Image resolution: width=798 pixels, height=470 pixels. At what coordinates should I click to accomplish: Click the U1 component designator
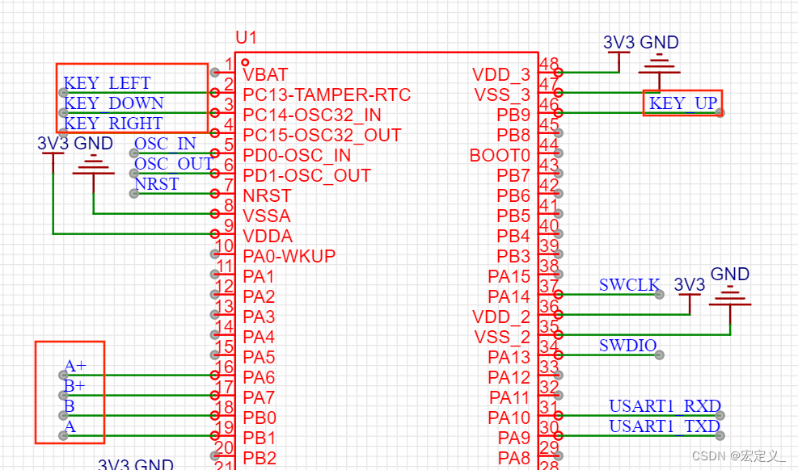point(246,38)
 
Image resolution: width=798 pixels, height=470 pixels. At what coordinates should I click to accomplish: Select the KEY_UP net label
point(682,103)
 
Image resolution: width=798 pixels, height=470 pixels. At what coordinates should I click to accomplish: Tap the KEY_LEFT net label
point(107,83)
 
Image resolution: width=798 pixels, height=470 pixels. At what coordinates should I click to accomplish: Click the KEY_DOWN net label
point(113,103)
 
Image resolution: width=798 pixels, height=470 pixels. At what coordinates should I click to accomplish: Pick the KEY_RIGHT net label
point(113,124)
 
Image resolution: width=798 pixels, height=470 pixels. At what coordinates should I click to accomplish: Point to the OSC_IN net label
point(165,144)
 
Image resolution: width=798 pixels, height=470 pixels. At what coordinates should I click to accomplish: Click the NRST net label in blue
point(157,184)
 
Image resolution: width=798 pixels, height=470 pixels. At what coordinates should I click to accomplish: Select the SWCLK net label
point(629,285)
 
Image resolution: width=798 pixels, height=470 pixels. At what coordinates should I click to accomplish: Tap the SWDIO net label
point(627,346)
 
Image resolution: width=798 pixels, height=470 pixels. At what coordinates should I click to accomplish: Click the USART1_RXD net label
point(665,405)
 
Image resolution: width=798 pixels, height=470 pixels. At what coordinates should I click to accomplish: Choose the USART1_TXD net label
point(665,426)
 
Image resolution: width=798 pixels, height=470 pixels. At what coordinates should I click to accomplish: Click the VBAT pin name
point(265,74)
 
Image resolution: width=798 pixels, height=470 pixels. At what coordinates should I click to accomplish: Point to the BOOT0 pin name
point(500,155)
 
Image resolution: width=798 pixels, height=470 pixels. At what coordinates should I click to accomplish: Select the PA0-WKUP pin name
point(289,256)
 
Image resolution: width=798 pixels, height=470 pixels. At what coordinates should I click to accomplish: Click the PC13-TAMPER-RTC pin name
point(327,94)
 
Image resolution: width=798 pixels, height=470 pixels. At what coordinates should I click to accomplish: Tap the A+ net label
point(75,366)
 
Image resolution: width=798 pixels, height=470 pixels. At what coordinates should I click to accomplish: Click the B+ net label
point(75,386)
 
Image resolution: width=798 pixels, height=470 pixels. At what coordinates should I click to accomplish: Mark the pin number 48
point(549,65)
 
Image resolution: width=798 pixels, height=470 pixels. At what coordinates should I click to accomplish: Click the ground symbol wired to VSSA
point(94,168)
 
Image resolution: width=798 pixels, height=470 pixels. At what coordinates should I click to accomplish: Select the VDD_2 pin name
point(501,317)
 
